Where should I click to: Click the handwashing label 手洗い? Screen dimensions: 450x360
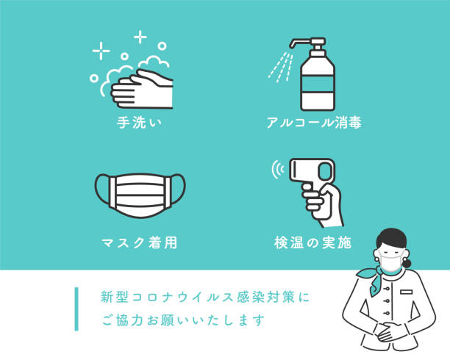click(x=139, y=123)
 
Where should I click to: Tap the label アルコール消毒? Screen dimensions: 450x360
click(x=314, y=123)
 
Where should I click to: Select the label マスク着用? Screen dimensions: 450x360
click(x=139, y=242)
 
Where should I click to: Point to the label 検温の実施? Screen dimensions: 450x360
click(x=312, y=242)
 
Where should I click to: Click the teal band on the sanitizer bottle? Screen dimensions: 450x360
click(x=318, y=84)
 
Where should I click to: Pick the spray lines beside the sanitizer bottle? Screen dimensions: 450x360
click(x=280, y=67)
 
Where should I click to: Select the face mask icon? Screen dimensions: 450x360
click(x=140, y=195)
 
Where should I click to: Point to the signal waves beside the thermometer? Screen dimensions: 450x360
click(x=277, y=169)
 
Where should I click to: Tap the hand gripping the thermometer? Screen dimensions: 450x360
click(x=323, y=204)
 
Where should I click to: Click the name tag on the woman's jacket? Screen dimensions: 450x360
click(x=406, y=292)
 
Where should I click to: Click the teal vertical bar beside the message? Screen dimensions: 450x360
click(x=76, y=309)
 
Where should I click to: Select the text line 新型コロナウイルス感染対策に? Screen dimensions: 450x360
click(x=205, y=297)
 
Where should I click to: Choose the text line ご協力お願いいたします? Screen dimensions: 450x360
click(x=183, y=320)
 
